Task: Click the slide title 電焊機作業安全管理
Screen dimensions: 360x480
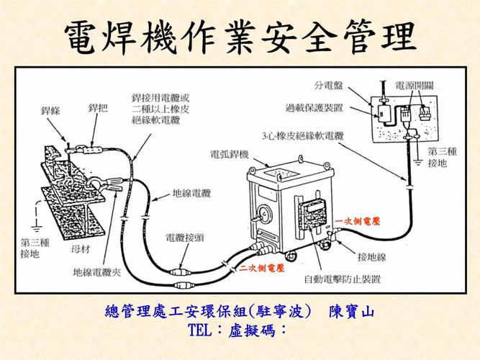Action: pyautogui.click(x=240, y=35)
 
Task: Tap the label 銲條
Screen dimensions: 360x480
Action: pyautogui.click(x=53, y=110)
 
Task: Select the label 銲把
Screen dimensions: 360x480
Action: pyautogui.click(x=98, y=108)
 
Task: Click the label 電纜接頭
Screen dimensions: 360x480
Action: pyautogui.click(x=185, y=237)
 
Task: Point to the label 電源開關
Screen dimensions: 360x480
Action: pyautogui.click(x=415, y=84)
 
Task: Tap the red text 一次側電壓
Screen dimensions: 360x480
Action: pyautogui.click(x=358, y=220)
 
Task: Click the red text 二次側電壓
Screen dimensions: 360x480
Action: pyautogui.click(x=261, y=268)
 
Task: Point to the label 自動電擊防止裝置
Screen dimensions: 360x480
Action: pyautogui.click(x=342, y=278)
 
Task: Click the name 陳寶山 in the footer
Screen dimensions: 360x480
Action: pyautogui.click(x=352, y=312)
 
